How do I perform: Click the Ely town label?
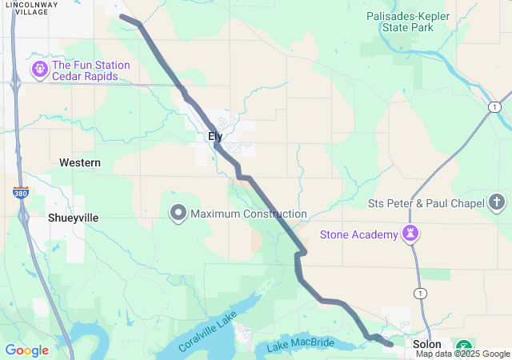215,137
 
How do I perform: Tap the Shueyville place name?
73,218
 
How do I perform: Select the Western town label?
80,162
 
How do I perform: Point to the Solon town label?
426,344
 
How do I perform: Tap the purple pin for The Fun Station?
39,70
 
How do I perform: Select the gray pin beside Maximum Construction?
178,214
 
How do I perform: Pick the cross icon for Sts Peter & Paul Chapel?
497,202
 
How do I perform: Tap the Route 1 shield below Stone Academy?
420,294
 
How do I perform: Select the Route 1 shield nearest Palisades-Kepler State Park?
495,106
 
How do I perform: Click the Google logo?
26,350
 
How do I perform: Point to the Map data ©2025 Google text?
462,354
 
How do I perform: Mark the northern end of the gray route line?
122,16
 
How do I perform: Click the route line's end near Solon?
390,344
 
